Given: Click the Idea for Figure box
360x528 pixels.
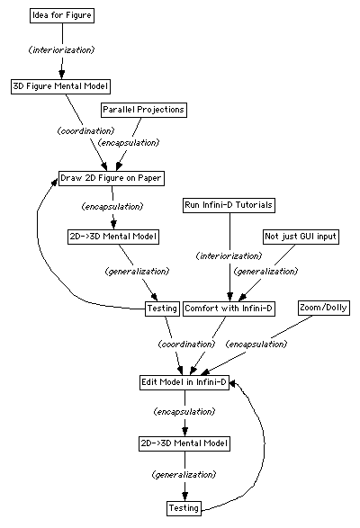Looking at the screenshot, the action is tap(62, 15).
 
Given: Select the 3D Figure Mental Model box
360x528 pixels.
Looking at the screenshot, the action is tap(60, 86).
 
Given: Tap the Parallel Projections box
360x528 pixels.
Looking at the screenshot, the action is tap(144, 110).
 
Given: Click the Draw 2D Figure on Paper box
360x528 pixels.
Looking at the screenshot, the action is tap(112, 178).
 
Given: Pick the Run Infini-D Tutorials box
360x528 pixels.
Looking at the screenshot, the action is tap(229, 205).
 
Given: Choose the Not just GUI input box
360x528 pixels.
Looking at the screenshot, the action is tap(301, 237).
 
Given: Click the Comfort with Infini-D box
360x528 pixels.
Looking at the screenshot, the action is tap(229, 309).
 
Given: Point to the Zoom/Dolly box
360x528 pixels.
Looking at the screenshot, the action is tap(324, 308).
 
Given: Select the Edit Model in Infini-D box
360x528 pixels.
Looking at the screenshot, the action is tap(184, 382).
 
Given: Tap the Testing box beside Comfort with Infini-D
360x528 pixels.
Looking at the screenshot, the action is tap(162, 309).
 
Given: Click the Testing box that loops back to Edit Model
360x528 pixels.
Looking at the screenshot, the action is tap(184, 508).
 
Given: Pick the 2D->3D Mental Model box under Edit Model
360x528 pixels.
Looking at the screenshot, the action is tap(184, 443).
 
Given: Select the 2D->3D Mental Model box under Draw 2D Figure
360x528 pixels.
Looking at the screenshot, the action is tap(113, 237).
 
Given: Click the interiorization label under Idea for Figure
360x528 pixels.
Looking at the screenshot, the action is tap(62, 50).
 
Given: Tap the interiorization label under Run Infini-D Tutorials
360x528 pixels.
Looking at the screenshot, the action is tap(229, 256).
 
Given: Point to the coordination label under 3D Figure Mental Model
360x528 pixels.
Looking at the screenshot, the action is tap(86, 130).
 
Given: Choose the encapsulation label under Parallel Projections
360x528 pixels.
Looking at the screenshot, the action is tap(129, 143).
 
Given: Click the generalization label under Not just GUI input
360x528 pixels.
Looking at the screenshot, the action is tap(266, 272).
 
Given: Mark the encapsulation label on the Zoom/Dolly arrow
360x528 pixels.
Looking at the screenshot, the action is tap(256, 345).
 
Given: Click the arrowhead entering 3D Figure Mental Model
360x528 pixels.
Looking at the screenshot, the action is tap(62, 74).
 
